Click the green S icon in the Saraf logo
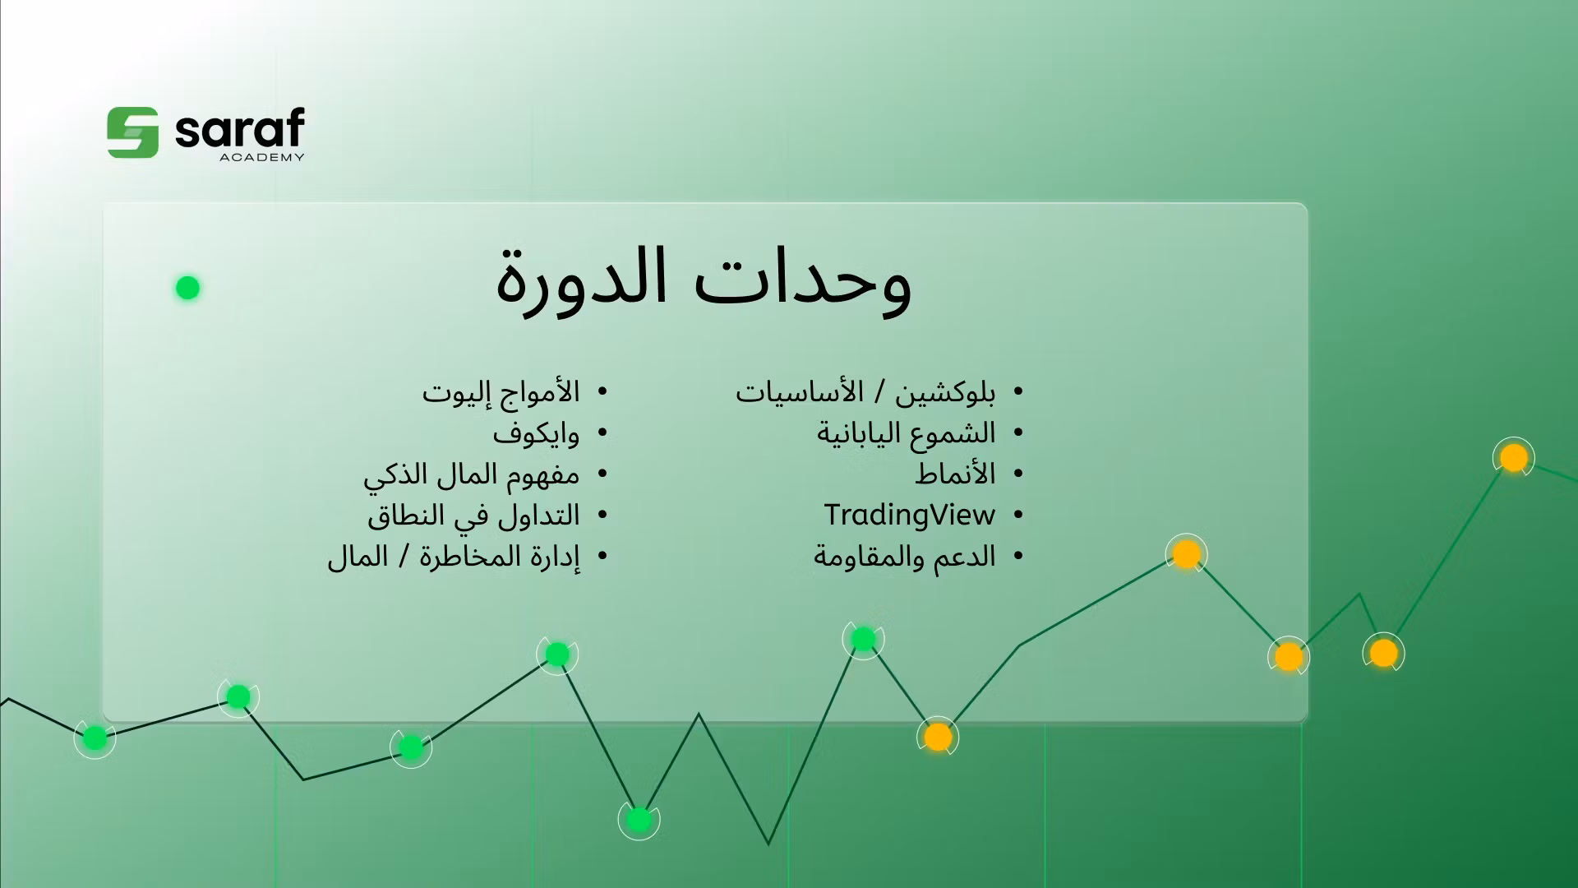pos(132,132)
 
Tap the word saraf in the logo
pos(239,130)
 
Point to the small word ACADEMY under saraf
pos(262,158)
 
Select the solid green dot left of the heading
pos(187,288)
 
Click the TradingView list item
pos(909,516)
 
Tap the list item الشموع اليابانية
pos(906,433)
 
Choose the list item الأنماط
pos(955,474)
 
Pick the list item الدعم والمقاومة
pos(904,557)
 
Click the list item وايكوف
pos(536,433)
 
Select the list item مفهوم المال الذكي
pos(471,474)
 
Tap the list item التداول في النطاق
pos(473,516)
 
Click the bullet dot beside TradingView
pos(1018,516)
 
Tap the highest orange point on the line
pos(1513,457)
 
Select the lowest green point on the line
pos(639,819)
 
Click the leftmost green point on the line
pos(95,738)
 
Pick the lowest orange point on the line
pos(937,737)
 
